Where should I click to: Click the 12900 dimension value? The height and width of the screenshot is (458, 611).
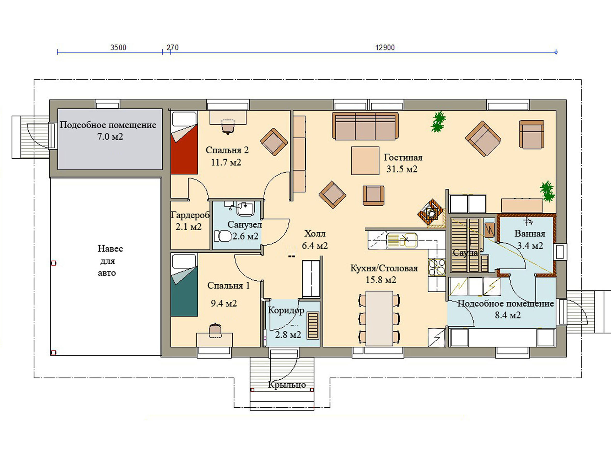(385, 48)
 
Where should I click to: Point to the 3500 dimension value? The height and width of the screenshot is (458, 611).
(118, 48)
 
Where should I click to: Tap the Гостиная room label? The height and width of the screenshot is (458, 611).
(403, 158)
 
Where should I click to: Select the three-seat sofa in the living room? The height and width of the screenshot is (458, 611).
(365, 126)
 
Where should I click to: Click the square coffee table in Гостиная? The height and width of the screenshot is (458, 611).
(365, 161)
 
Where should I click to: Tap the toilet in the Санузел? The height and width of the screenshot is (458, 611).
(223, 236)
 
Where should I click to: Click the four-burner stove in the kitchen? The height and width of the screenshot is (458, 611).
(437, 267)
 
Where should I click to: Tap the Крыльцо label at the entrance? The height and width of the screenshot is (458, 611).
(287, 385)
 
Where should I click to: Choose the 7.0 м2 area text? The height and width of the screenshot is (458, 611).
(110, 137)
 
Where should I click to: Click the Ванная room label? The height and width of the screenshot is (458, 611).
(530, 234)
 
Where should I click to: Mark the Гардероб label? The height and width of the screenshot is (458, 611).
(190, 215)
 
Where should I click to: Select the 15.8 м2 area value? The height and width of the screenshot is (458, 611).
(381, 280)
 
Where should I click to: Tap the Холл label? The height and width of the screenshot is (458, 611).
(315, 234)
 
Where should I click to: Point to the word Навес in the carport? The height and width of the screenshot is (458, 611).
(110, 249)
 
